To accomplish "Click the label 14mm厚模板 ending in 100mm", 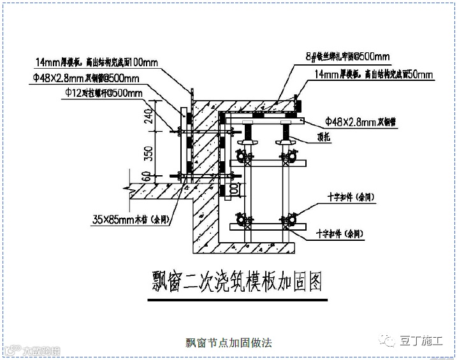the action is click(96, 62).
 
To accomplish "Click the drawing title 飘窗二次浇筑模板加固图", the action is click(236, 280).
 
